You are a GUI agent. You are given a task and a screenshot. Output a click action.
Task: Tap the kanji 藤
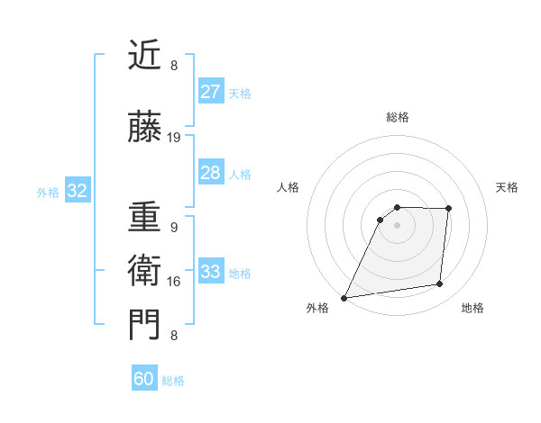(145, 129)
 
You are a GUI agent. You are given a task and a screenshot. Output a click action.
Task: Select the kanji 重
(145, 219)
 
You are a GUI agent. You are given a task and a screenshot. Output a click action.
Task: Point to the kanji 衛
(145, 271)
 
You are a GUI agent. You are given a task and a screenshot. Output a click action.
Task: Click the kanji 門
(145, 325)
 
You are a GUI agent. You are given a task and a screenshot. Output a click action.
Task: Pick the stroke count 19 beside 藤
(174, 138)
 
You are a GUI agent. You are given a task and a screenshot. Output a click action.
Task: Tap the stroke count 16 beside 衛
(174, 281)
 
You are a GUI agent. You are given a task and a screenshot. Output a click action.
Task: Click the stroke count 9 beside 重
(174, 228)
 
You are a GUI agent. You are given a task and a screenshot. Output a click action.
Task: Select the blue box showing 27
(210, 92)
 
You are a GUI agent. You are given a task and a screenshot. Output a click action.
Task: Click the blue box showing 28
(210, 173)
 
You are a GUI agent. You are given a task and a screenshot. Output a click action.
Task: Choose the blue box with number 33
(210, 272)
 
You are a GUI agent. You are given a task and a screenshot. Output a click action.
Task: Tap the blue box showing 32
(77, 191)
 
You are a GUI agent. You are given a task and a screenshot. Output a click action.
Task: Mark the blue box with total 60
(144, 379)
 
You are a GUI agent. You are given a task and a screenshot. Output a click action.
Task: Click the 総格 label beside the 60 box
(173, 381)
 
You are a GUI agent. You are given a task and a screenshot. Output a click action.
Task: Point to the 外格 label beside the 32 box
(48, 192)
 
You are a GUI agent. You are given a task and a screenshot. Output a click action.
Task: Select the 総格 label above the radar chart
(397, 117)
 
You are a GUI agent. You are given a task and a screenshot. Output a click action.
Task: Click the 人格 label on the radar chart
(288, 187)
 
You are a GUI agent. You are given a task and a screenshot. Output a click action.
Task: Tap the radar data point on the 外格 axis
(344, 298)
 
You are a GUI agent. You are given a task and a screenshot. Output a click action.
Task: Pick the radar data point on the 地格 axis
(440, 284)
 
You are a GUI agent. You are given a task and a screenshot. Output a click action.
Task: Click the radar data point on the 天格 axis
(448, 210)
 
